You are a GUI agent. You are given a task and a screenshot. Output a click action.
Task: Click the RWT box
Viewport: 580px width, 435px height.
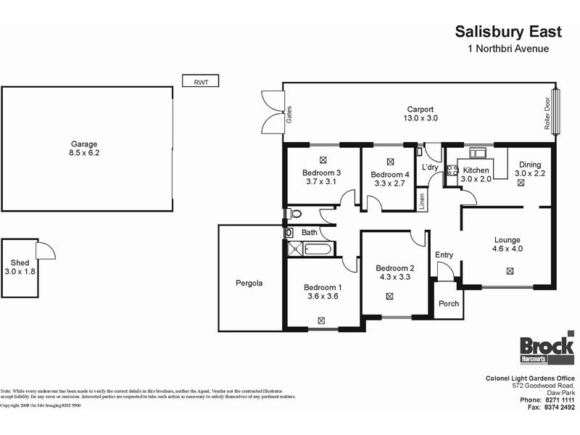[x=199, y=82]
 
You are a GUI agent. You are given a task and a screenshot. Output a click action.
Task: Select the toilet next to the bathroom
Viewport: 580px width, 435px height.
[x=294, y=214]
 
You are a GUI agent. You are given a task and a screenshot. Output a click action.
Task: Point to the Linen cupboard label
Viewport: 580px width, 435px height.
[x=422, y=201]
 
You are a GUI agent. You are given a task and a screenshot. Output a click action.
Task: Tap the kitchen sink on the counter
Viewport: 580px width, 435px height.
[x=478, y=153]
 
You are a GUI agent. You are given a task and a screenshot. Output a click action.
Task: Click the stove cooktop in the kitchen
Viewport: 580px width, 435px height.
[x=452, y=171]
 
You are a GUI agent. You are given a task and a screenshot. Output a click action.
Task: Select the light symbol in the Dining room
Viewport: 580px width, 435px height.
[x=521, y=183]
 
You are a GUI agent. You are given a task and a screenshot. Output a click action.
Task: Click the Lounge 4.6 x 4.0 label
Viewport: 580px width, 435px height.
[x=507, y=244]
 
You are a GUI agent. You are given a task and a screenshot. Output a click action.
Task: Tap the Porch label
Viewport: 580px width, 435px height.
[x=449, y=303]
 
